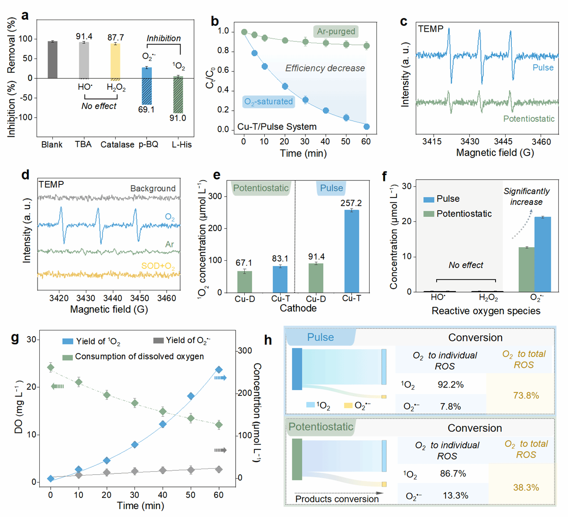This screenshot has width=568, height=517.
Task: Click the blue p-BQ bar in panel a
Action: click(x=147, y=73)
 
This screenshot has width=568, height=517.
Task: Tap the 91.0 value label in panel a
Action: click(x=178, y=118)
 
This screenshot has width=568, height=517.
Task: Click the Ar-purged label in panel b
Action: click(x=336, y=31)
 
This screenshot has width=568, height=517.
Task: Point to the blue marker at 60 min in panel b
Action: click(x=366, y=127)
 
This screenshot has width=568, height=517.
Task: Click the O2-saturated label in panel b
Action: click(x=268, y=102)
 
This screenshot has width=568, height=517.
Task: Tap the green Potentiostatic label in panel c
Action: click(x=529, y=119)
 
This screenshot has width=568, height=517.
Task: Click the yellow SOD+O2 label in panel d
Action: click(x=158, y=266)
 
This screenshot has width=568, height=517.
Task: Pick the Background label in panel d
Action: click(x=153, y=188)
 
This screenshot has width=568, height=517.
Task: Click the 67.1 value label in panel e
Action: click(x=244, y=263)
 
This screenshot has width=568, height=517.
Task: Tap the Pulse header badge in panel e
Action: click(x=332, y=188)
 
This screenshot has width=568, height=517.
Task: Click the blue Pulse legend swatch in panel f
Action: click(x=428, y=199)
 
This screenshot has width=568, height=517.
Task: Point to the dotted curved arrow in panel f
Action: click(x=521, y=224)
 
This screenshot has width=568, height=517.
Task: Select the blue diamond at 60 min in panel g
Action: click(x=219, y=370)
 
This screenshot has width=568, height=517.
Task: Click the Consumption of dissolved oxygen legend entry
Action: click(x=139, y=357)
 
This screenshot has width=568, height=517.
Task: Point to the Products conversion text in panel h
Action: click(x=337, y=499)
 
